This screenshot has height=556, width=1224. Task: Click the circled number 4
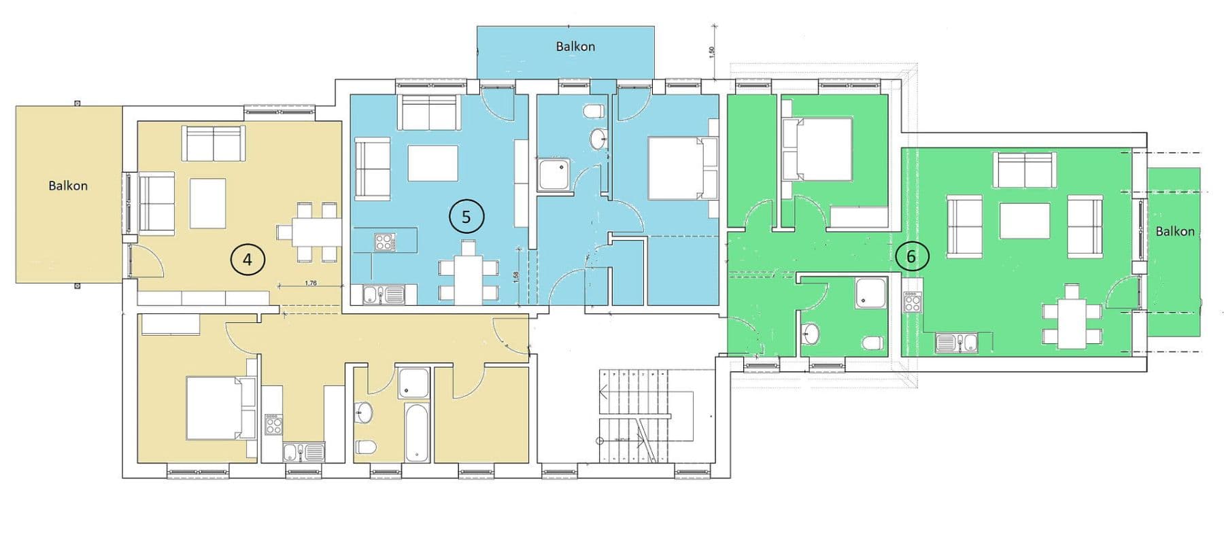point(248,259)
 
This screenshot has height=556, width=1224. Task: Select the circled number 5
point(466,217)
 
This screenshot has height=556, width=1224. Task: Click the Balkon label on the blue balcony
point(575,46)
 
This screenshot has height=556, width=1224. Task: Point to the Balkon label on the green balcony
point(1174,231)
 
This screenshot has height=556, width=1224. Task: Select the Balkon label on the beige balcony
point(68,186)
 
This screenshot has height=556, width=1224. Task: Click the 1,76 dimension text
point(311,283)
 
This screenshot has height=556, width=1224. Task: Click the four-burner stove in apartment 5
point(384,241)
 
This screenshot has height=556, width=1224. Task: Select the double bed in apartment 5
point(682,168)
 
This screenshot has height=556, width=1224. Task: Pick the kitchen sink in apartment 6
point(957,343)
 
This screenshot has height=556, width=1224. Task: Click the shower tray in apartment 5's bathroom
point(556,175)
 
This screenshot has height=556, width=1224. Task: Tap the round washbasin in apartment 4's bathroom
point(363,412)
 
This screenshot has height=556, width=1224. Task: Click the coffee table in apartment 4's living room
point(207,203)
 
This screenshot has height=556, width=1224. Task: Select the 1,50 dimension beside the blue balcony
point(712,52)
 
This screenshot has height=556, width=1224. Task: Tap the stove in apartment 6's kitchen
point(912,302)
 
